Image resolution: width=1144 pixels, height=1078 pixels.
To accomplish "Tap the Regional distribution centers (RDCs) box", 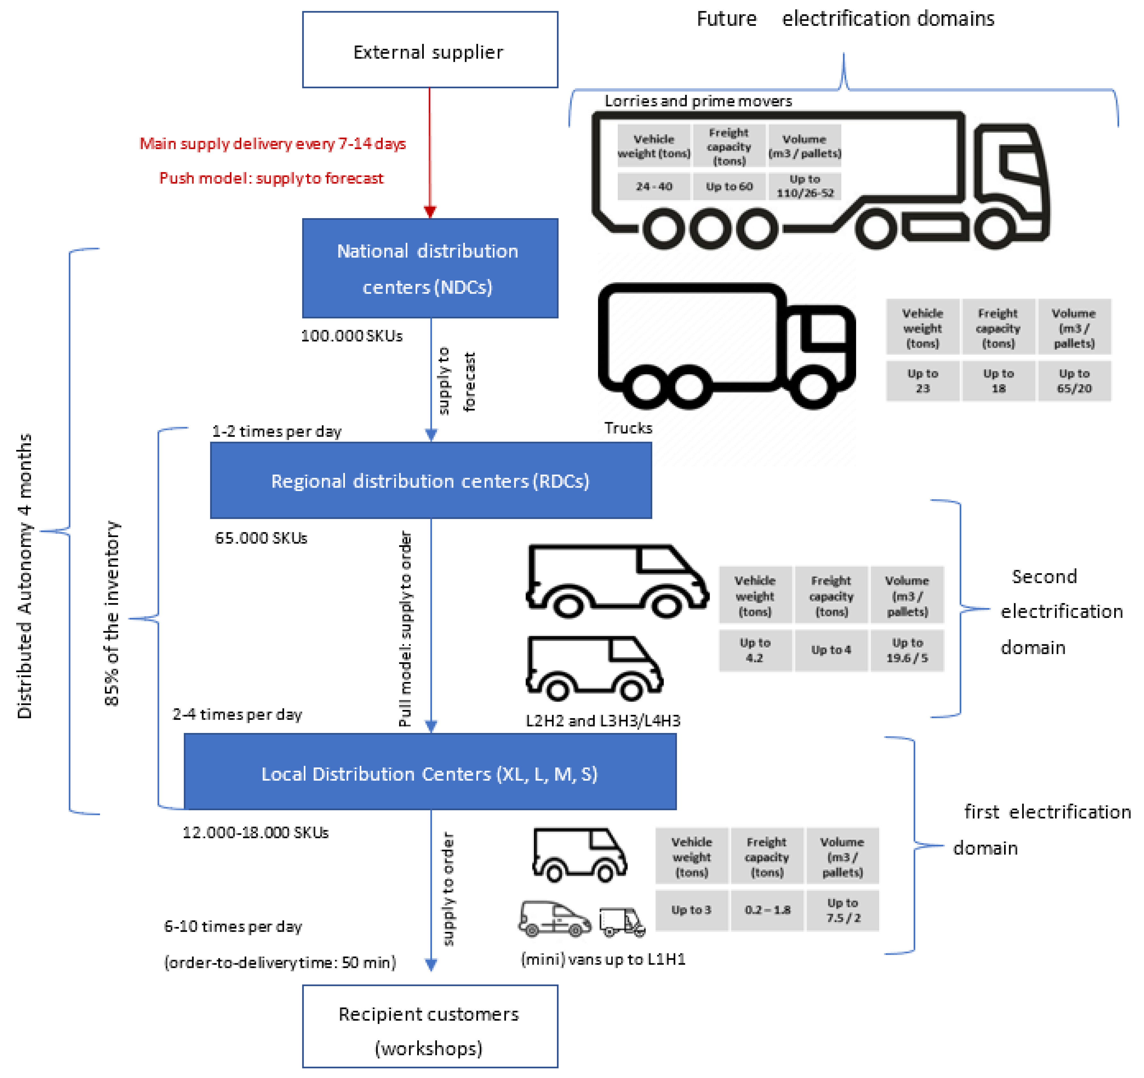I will pyautogui.click(x=430, y=480).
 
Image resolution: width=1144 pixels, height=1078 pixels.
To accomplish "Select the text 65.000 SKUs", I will pyautogui.click(x=261, y=538).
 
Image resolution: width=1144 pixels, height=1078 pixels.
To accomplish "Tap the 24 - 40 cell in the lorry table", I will pyautogui.click(x=654, y=187).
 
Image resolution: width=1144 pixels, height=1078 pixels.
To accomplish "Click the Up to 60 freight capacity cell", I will pyautogui.click(x=729, y=187).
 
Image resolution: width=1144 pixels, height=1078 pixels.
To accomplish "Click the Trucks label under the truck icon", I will pyautogui.click(x=628, y=428).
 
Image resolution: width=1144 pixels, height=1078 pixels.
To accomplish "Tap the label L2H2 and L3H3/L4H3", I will pyautogui.click(x=603, y=720).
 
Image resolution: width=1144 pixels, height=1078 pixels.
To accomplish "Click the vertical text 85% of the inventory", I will pyautogui.click(x=112, y=613).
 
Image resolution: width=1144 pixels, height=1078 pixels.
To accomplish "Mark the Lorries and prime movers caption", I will pyautogui.click(x=698, y=101).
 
